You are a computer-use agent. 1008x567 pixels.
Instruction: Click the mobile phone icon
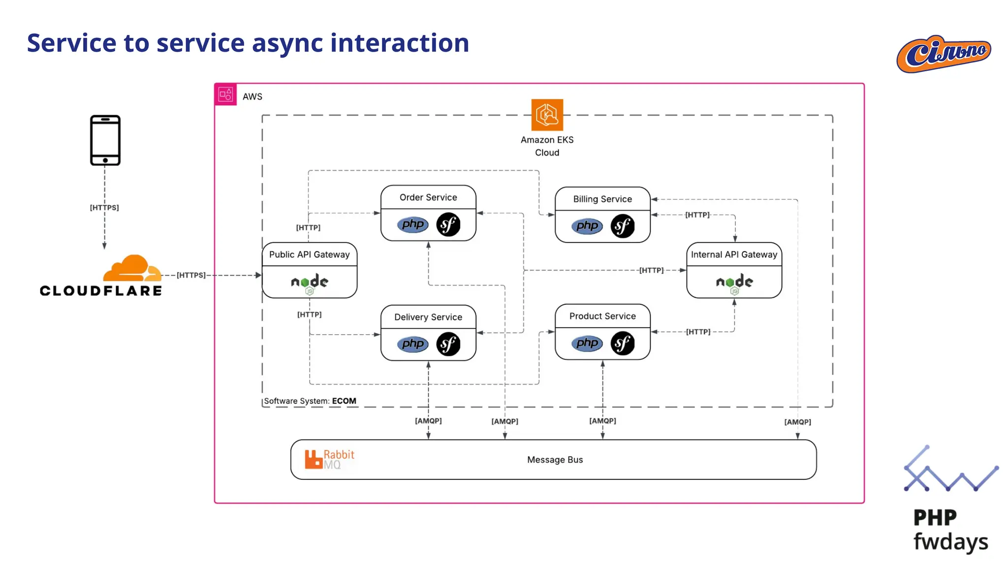(105, 140)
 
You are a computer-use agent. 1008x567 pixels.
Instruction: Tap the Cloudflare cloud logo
(132, 269)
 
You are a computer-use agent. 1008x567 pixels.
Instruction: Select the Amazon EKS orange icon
(547, 115)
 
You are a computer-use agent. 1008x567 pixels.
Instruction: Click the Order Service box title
(428, 197)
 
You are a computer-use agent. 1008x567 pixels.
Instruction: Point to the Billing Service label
(602, 199)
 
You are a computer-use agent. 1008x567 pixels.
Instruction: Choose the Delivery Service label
(428, 317)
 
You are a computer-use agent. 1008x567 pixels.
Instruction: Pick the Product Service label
(602, 316)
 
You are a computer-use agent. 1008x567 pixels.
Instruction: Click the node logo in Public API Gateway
(309, 283)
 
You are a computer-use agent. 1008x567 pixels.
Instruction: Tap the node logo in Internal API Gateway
(734, 283)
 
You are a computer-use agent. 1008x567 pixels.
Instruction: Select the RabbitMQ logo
(329, 459)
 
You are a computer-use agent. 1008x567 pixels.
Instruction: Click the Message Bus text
(555, 460)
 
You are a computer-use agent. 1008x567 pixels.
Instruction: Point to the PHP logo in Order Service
(412, 224)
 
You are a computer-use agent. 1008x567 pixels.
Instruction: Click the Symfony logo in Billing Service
(622, 226)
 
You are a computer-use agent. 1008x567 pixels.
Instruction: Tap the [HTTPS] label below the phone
(104, 208)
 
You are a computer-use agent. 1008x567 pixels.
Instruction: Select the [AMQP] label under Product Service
(602, 421)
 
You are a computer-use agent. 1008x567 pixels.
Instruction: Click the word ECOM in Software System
(344, 401)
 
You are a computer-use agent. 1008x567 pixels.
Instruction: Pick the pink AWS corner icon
(225, 94)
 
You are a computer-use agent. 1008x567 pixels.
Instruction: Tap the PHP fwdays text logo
(949, 530)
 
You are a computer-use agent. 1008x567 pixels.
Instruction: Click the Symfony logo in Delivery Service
(448, 344)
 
